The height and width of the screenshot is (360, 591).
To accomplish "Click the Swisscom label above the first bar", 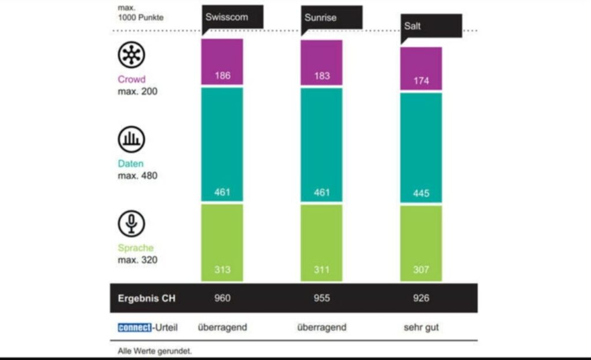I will tap(227, 17).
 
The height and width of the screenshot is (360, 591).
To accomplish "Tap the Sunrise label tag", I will tap(321, 17).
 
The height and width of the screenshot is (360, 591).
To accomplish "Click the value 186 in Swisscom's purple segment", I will tap(222, 76).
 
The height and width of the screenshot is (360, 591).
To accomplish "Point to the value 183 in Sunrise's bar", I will tap(321, 76).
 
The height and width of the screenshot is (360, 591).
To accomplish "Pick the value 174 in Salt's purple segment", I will tap(421, 81).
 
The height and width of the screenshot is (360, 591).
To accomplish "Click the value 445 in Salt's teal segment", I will tap(421, 193).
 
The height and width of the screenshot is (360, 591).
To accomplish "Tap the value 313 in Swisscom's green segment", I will tap(222, 269).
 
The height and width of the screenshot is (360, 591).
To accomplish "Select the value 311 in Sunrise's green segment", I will tap(321, 269).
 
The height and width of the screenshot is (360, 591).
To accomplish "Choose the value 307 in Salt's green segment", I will tap(421, 269).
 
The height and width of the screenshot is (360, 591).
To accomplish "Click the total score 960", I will tap(222, 298).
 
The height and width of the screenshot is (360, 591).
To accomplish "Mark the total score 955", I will tap(321, 298).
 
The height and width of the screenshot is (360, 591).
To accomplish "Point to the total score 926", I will tap(421, 298).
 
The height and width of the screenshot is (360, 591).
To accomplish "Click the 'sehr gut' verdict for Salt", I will tap(421, 327).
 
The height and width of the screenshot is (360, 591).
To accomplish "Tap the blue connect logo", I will tap(134, 327).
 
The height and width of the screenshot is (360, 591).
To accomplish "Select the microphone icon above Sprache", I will tap(132, 223).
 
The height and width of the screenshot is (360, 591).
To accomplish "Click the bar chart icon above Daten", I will tap(132, 139).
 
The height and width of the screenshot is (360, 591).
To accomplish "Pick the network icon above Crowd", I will tap(132, 55).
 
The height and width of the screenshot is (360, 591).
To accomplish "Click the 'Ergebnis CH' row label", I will tap(147, 298).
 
